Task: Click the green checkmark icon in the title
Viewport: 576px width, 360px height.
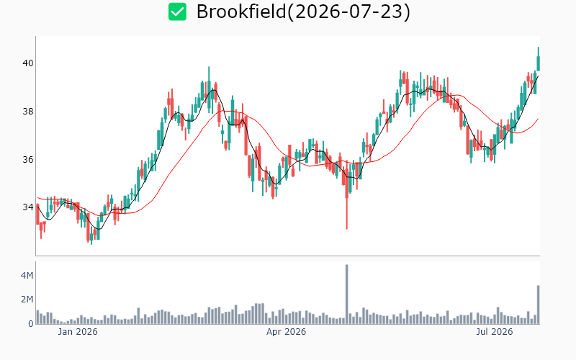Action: click(177, 12)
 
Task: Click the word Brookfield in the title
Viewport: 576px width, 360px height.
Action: click(241, 12)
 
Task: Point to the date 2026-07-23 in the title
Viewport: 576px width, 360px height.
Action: click(348, 12)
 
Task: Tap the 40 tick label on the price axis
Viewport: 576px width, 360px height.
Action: click(28, 63)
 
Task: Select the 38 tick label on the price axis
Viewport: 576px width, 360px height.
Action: click(28, 112)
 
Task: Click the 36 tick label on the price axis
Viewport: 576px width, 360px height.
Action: click(28, 159)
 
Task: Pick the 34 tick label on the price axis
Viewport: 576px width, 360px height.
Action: click(28, 207)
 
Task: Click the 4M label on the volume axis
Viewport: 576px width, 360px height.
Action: click(27, 275)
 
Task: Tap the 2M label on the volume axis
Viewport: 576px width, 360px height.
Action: click(27, 300)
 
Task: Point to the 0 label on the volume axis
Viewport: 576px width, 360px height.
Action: click(31, 323)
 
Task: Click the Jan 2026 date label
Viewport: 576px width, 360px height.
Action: click(78, 332)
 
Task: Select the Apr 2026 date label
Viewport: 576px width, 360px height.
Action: click(286, 332)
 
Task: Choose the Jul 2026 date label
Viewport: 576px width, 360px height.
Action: click(495, 332)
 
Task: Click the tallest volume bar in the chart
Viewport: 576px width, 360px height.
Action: click(346, 294)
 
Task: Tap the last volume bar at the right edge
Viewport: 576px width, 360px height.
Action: click(538, 305)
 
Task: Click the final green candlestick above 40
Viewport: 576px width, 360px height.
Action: click(538, 63)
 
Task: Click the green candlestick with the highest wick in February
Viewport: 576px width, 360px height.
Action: click(209, 90)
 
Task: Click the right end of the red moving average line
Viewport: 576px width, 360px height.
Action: click(538, 119)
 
